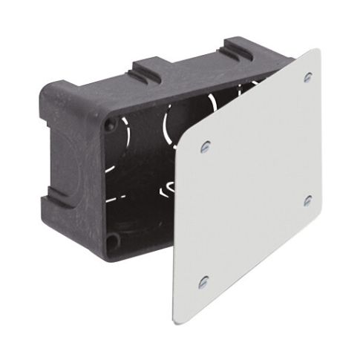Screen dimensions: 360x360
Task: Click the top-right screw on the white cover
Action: pyautogui.click(x=307, y=77)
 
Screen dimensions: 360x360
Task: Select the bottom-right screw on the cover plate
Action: pyautogui.click(x=307, y=201)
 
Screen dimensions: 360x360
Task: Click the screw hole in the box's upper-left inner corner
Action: pyautogui.click(x=111, y=127)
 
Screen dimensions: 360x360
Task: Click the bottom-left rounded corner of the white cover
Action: pyautogui.click(x=178, y=319)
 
